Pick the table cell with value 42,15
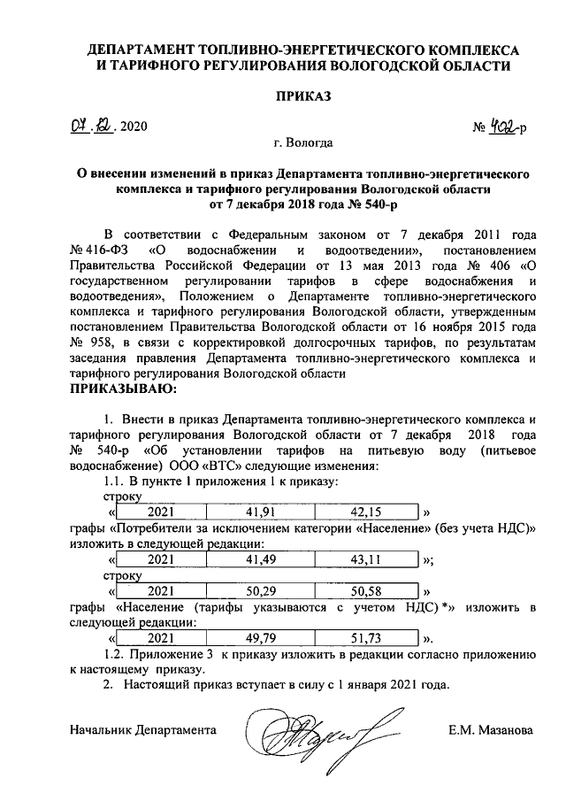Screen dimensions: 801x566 tap(365, 512)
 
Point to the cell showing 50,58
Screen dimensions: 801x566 tap(365, 590)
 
